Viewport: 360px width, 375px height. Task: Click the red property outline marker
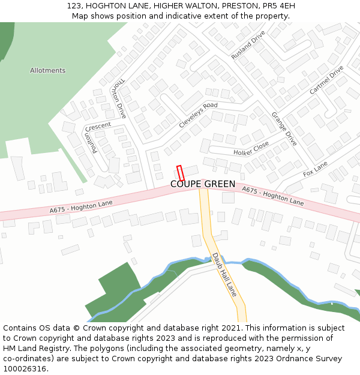coord(180,173)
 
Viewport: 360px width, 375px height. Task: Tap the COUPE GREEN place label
coord(203,184)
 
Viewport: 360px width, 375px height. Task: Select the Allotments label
coord(47,70)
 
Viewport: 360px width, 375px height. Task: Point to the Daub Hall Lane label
coord(224,275)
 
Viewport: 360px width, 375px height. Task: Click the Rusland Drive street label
coord(248,45)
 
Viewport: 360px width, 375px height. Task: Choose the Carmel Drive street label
coord(326,80)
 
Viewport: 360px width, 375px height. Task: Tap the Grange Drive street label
coord(284,128)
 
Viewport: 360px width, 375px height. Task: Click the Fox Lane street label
coord(315,169)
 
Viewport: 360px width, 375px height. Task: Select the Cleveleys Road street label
coord(198,115)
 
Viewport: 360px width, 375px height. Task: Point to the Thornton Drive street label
coord(118,97)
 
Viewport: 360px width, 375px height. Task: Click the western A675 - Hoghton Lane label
coord(81,207)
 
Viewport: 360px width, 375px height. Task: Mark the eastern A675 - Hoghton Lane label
coord(272,196)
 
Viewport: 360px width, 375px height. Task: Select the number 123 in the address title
coord(74,5)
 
